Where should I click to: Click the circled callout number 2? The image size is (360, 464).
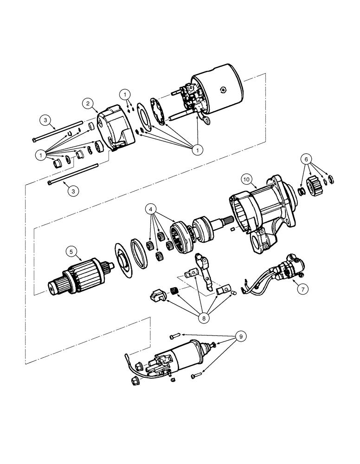(x=89, y=103)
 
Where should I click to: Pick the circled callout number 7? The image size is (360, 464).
(x=302, y=289)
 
